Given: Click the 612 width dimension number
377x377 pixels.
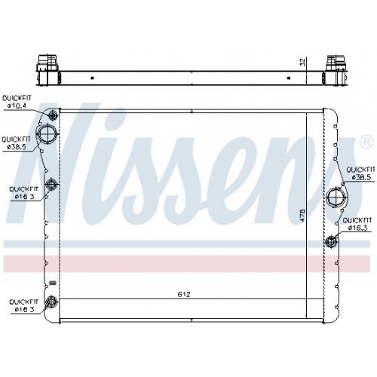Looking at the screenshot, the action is coord(184,294).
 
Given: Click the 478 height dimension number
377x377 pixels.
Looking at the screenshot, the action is coord(302,215).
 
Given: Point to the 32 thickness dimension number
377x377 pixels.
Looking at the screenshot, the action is coord(302,62).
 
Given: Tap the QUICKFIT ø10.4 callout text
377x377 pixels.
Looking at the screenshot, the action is coord(17,102).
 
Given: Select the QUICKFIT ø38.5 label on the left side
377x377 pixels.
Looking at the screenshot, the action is coord(16,143).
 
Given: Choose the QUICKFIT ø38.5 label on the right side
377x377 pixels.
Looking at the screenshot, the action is coord(360,173).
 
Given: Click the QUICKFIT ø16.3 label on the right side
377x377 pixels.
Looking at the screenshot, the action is coord(357,224).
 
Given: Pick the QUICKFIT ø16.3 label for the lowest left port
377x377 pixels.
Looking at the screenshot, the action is coord(24,305).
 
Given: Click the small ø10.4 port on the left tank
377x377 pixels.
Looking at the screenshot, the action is coord(53,115).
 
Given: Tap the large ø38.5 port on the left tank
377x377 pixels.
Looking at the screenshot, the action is coord(48,134).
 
